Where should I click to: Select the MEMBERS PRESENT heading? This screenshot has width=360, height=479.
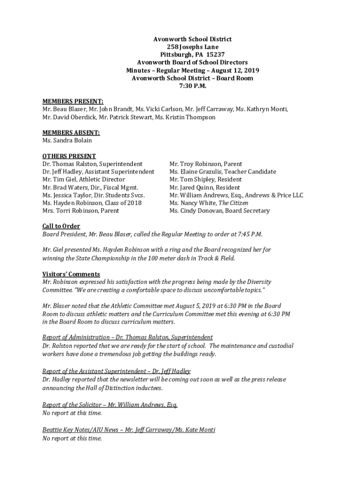73,102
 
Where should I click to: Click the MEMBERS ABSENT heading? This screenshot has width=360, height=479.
71,133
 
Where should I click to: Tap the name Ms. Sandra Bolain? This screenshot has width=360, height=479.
67,140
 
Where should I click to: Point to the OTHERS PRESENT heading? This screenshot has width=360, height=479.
69,156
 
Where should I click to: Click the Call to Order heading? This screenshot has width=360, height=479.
61,226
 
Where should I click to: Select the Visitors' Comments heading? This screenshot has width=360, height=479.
71,274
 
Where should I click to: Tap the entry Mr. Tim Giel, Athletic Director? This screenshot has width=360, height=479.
84,180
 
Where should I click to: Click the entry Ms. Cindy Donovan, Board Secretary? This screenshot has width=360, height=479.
219,211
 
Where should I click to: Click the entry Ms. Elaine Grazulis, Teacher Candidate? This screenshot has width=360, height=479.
223,172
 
